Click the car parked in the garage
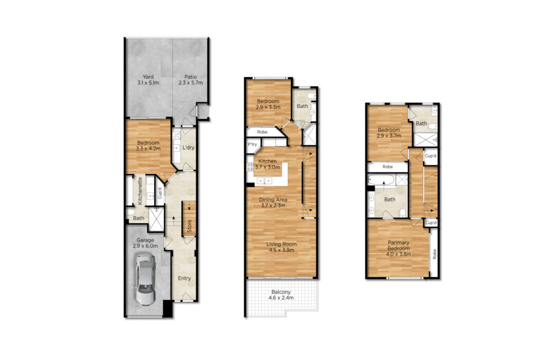pos(145,280)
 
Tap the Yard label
pos(148,77)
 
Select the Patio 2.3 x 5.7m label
pos(190,80)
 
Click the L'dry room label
pos(189,148)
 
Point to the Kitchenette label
pos(140,191)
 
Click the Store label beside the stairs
pos(190,226)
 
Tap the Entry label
pos(184,278)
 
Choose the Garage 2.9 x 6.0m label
pos(145,243)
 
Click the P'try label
pos(252,144)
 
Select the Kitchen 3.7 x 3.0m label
pos(267,164)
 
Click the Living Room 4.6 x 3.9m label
pos(282,247)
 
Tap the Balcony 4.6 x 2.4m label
pos(281,295)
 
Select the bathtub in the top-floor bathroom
pos(381,180)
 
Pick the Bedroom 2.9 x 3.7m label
pos(389,133)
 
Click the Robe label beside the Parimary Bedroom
pos(434,254)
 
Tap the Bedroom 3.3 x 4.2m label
pos(148,146)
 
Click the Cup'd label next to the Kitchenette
pos(160,193)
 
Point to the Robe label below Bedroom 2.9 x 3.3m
pos(262,132)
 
